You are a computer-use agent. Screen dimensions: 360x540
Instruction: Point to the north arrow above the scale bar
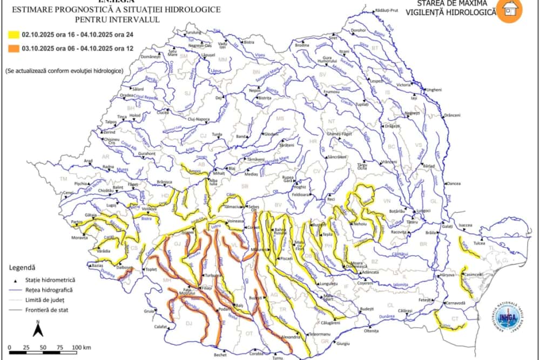pyautogui.click(x=37, y=328)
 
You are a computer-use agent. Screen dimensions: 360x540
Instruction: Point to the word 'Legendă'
pyautogui.click(x=22, y=267)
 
